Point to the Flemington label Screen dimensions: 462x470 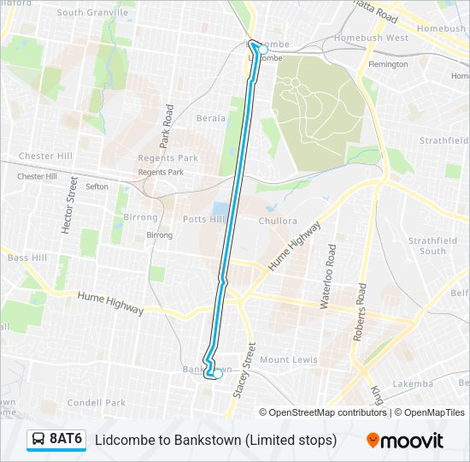click(387, 64)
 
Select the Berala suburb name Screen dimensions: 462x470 click(211, 118)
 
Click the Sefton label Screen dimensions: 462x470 click(97, 187)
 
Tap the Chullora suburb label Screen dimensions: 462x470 click(278, 221)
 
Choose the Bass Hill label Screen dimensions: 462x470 click(27, 258)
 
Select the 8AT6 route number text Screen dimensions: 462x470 click(66, 439)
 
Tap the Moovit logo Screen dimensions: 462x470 click(405, 441)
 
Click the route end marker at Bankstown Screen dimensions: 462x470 click(217, 374)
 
